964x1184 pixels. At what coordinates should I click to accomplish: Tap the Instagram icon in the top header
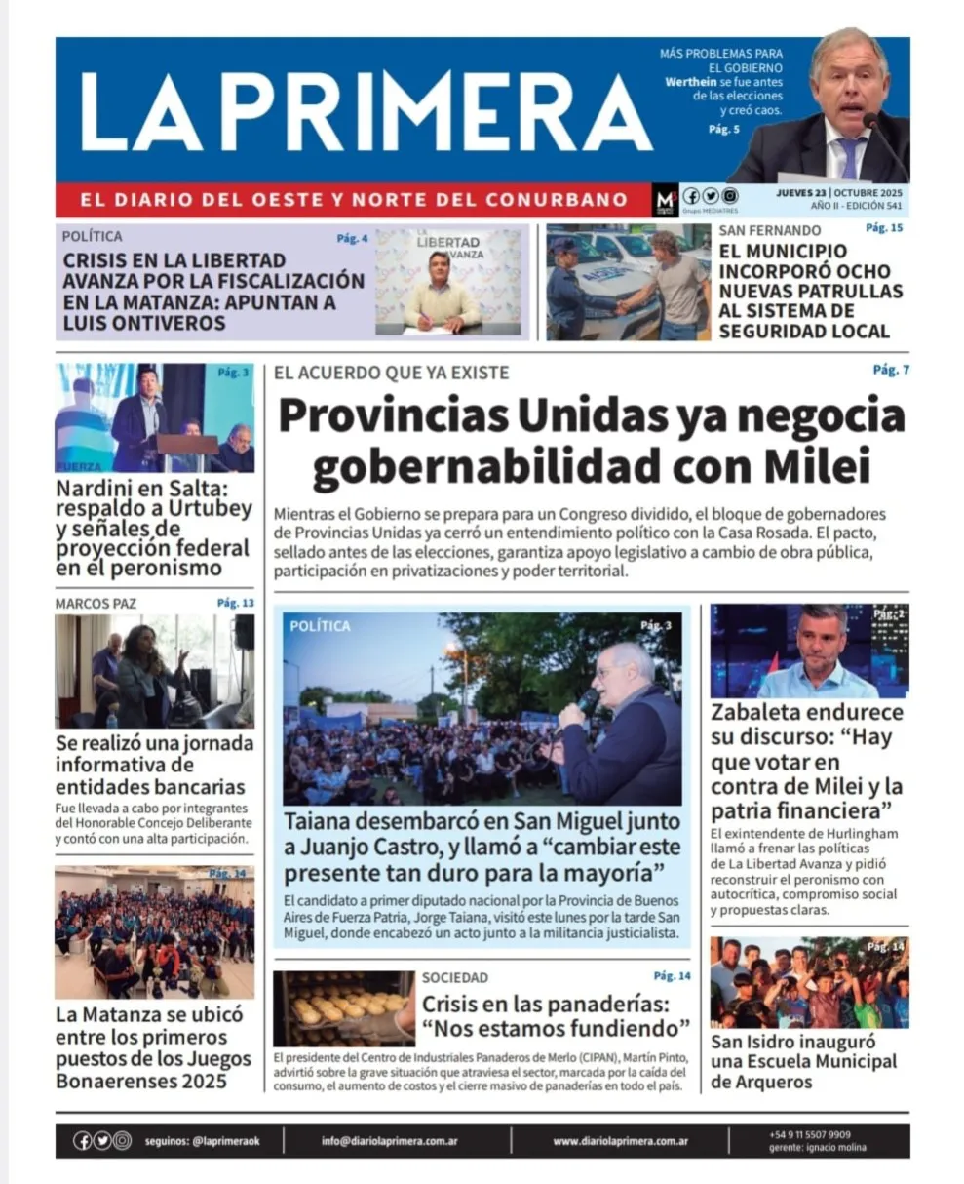730,195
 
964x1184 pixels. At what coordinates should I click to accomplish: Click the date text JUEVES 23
800,192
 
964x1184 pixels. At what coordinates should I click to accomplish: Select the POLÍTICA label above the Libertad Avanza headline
93,236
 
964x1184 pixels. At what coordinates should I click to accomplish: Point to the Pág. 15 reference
884,228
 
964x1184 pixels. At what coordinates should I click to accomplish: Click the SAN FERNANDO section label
770,230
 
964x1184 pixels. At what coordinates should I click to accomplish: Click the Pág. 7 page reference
891,370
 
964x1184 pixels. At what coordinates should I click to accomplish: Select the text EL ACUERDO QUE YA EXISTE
391,373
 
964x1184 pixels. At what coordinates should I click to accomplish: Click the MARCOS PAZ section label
96,604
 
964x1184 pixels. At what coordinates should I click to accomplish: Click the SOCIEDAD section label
455,977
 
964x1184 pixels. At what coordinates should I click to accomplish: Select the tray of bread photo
343,1007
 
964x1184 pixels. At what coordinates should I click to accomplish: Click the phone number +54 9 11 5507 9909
809,1134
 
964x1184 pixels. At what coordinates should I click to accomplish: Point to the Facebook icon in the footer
83,1140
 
